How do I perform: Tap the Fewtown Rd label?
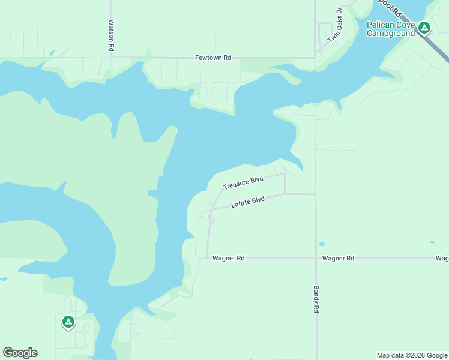[213, 58]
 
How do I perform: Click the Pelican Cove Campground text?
[391, 29]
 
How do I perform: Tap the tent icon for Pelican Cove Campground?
[424, 27]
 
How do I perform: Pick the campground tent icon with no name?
[68, 322]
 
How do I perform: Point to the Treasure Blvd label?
[243, 183]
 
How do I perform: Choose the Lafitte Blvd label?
[248, 203]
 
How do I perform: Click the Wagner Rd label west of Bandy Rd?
[229, 258]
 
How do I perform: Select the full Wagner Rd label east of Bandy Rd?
[338, 258]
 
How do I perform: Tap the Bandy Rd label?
[316, 299]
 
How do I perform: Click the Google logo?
[20, 353]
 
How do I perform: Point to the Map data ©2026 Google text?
[411, 355]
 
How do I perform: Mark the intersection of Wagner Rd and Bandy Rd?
[316, 258]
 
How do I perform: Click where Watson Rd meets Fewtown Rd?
[112, 58]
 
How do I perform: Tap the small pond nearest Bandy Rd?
[322, 244]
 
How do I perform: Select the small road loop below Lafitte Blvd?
[211, 220]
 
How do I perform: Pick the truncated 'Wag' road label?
[442, 258]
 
